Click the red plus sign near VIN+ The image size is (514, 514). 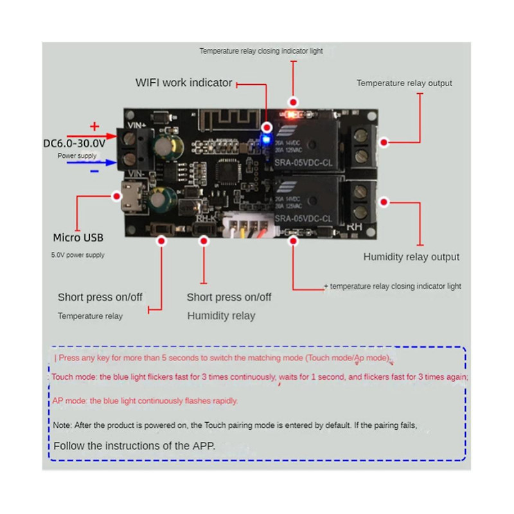coord(94,126)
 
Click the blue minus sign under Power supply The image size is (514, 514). coord(94,172)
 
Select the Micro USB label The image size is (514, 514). coord(78,238)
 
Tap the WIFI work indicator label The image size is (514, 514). coord(184,83)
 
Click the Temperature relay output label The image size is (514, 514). coord(404,83)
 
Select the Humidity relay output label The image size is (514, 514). coord(411,257)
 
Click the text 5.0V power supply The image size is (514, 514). coord(77,255)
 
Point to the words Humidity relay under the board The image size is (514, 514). coord(221,315)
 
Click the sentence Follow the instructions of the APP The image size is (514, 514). coord(134,445)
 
